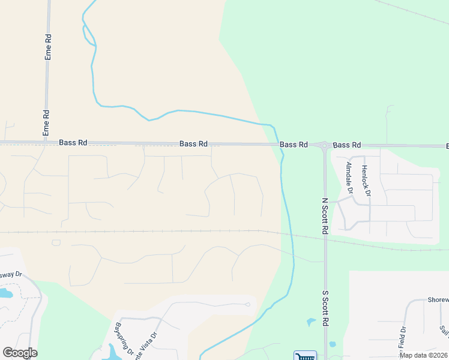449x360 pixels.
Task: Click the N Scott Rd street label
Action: coord(325,215)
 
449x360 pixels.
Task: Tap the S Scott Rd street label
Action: coord(325,308)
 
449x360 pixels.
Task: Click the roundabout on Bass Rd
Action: coord(324,145)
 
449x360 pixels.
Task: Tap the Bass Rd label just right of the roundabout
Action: coord(347,145)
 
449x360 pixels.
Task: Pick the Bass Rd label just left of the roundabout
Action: coord(294,145)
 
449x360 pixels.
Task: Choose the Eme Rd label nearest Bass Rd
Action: coord(46,122)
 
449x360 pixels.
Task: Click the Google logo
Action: coord(20,353)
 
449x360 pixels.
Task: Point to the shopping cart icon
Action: coord(305,356)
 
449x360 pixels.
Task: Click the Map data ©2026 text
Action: coord(423,355)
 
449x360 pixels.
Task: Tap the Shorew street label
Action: coord(436,301)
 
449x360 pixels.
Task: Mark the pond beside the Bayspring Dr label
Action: coord(113,352)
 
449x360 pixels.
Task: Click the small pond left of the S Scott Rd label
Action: coord(310,322)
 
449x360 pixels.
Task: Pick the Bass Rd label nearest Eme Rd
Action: coord(73,143)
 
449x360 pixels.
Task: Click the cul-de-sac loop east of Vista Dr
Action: coord(247,305)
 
